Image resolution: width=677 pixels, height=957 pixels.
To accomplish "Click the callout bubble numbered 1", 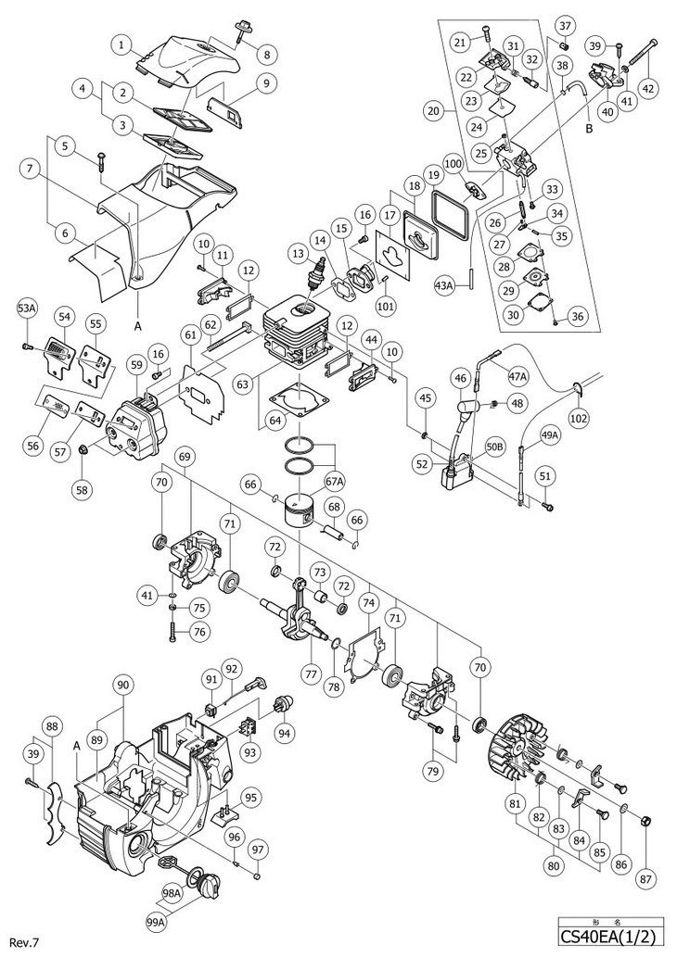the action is tap(122, 44).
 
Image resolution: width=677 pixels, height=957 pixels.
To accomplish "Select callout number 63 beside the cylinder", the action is tap(242, 384).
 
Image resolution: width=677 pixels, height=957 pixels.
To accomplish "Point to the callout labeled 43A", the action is tap(445, 284).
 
